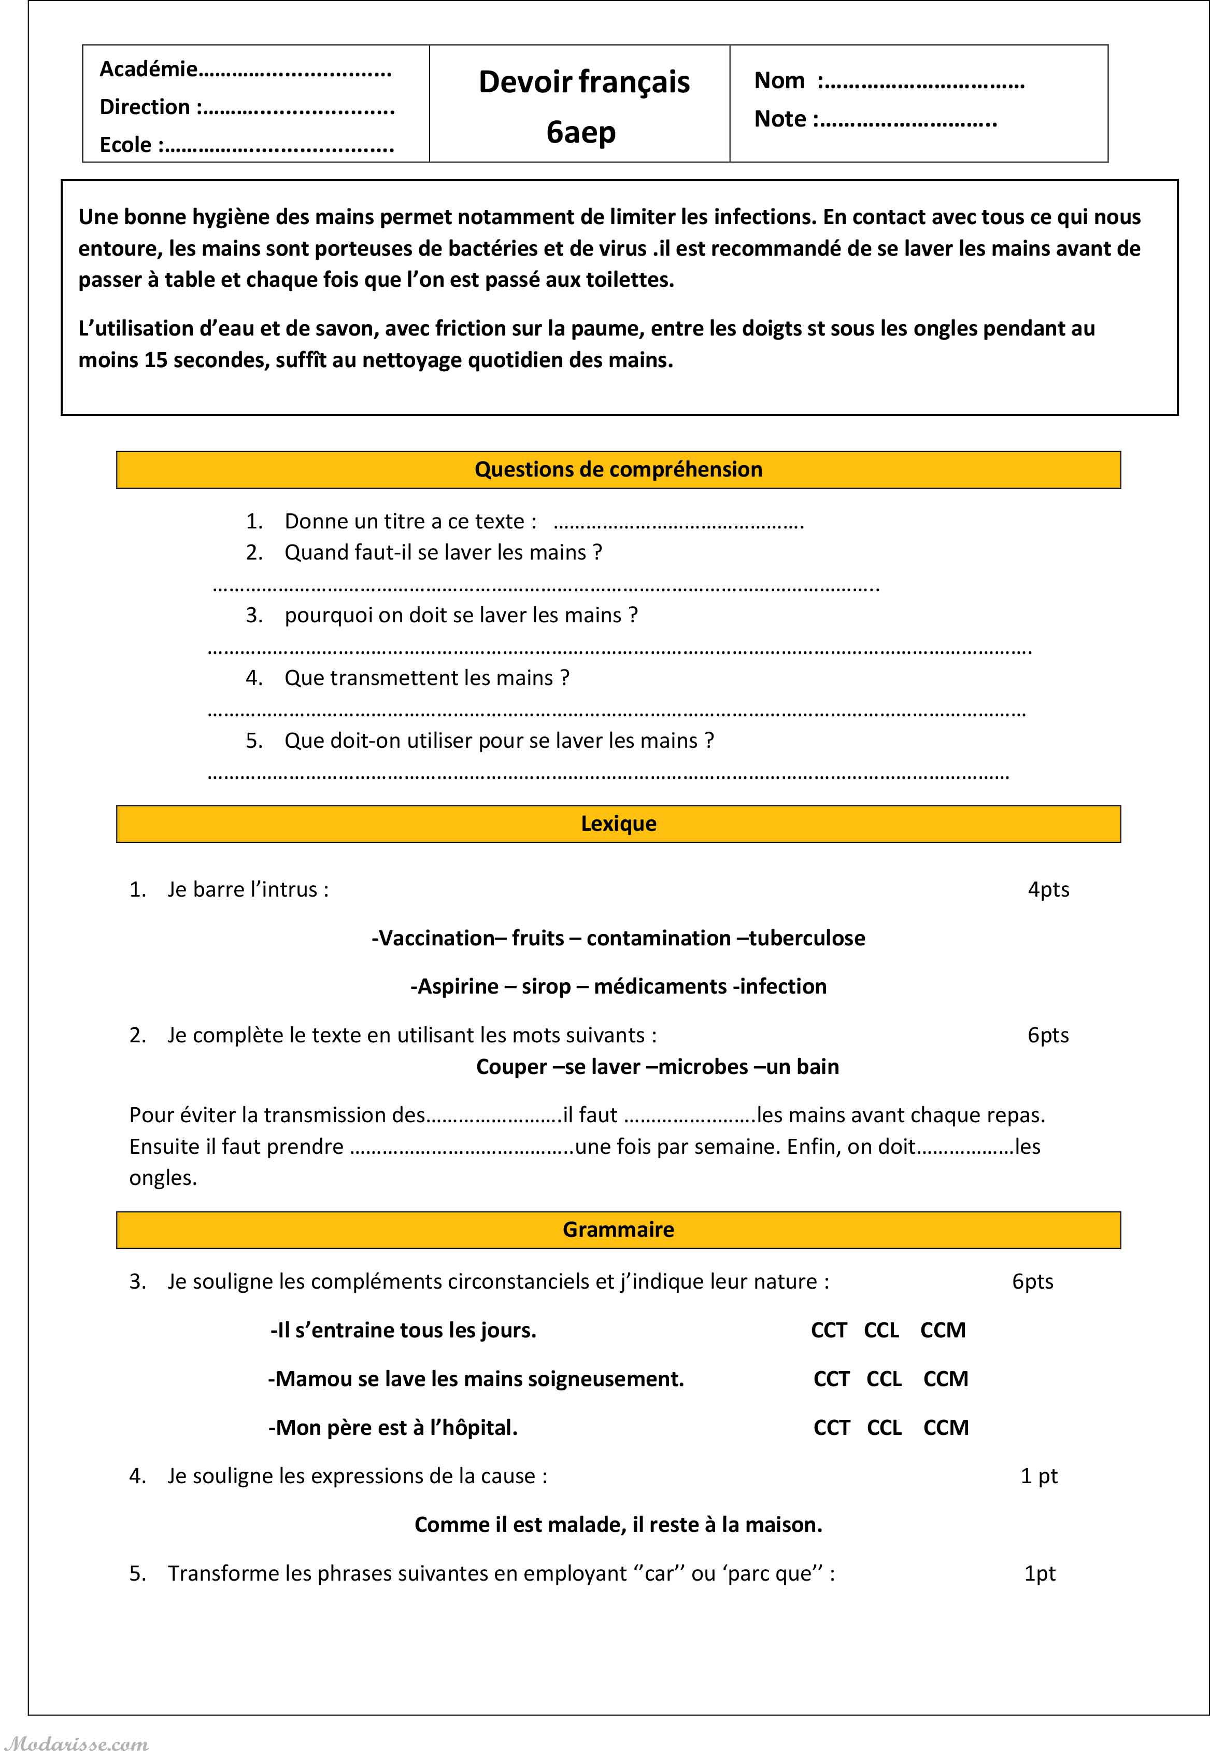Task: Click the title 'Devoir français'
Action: [x=584, y=82]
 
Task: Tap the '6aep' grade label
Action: [x=581, y=132]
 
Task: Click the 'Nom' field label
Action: [x=779, y=80]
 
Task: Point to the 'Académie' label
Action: [x=149, y=69]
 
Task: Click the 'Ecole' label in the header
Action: [x=126, y=144]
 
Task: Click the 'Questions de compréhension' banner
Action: [x=618, y=469]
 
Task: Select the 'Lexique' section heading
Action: [x=618, y=823]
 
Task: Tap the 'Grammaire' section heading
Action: [x=618, y=1230]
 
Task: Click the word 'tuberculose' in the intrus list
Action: [x=807, y=938]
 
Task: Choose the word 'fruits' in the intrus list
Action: [x=537, y=938]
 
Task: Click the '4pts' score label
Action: [x=1048, y=890]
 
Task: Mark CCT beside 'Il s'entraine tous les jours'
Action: [x=828, y=1331]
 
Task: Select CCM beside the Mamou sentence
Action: [x=945, y=1379]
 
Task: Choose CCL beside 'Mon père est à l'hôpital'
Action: [x=884, y=1428]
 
